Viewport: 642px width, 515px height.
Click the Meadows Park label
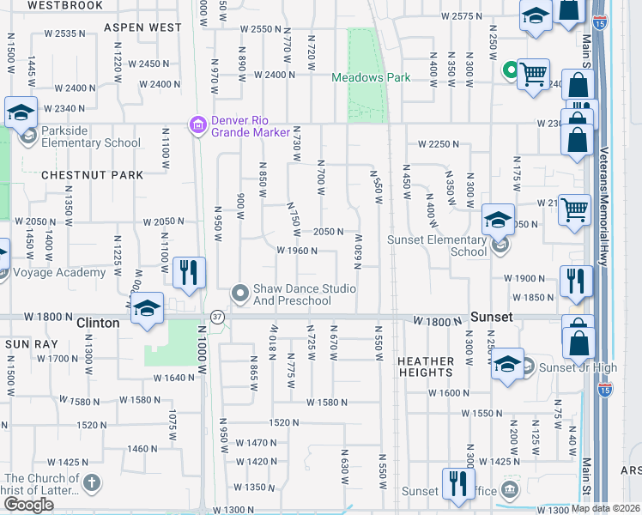point(371,78)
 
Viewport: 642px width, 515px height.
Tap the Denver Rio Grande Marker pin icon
point(198,126)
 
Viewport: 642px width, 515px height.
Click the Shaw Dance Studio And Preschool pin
point(240,294)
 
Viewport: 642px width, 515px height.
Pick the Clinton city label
point(97,324)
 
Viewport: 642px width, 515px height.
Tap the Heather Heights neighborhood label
point(425,367)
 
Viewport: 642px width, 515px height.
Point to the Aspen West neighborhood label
point(142,27)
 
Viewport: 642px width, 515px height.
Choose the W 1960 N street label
point(298,251)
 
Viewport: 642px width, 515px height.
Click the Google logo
point(28,505)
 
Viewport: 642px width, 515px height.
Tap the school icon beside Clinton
point(148,308)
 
